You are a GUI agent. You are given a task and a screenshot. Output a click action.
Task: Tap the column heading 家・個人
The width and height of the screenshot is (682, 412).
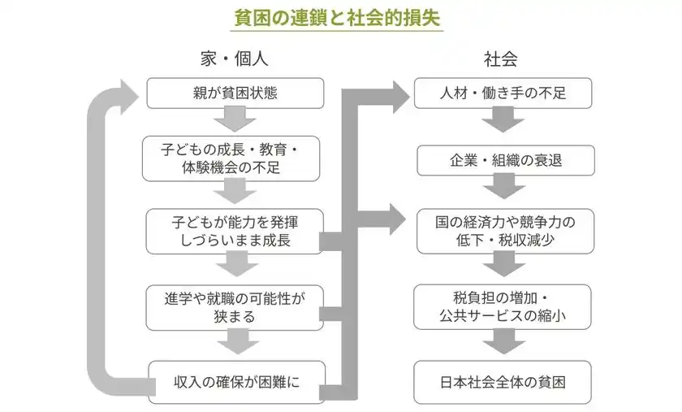click(x=235, y=59)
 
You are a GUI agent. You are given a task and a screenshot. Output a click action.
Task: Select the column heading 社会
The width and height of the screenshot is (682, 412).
click(x=500, y=59)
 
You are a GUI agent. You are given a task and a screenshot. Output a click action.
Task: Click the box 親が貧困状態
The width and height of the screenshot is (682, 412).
click(x=235, y=93)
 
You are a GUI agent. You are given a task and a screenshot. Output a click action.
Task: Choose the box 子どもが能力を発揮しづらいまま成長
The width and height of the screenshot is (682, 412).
click(x=235, y=230)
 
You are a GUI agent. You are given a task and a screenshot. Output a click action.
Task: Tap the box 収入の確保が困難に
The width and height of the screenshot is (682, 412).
click(x=235, y=382)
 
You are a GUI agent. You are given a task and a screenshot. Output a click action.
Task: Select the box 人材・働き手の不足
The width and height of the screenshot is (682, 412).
click(x=503, y=93)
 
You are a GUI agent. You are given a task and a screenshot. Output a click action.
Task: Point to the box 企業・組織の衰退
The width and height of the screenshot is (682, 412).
click(x=503, y=160)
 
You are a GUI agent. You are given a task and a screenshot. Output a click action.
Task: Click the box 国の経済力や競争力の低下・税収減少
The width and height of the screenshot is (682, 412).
click(x=503, y=230)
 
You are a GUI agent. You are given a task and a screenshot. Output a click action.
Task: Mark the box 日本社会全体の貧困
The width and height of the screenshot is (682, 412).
click(x=503, y=382)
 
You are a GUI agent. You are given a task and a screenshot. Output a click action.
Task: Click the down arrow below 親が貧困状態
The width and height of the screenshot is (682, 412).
click(x=235, y=121)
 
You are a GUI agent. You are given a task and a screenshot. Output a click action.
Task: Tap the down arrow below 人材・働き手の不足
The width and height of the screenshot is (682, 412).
click(x=503, y=121)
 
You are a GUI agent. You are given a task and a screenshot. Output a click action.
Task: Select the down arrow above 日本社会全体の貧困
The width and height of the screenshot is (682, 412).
click(x=503, y=342)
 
